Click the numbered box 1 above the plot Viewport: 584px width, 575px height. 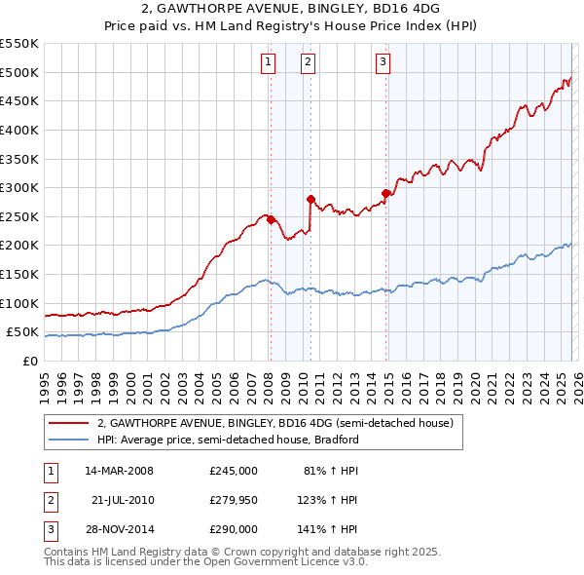[x=268, y=62]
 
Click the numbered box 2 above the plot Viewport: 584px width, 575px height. [x=308, y=62]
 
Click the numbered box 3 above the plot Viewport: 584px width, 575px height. [x=383, y=62]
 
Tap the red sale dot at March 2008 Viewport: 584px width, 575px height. [x=271, y=219]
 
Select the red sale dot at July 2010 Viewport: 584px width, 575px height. [x=310, y=199]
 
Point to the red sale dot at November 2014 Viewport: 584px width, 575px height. [x=386, y=193]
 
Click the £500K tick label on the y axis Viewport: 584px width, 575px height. [x=18, y=72]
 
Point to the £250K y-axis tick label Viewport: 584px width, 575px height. [x=18, y=216]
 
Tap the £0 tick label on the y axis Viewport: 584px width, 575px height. [x=29, y=361]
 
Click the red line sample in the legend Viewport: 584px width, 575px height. [x=69, y=424]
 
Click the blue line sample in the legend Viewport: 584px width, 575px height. [x=69, y=440]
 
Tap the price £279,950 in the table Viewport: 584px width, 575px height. [x=233, y=500]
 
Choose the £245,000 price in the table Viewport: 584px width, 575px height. [x=233, y=471]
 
